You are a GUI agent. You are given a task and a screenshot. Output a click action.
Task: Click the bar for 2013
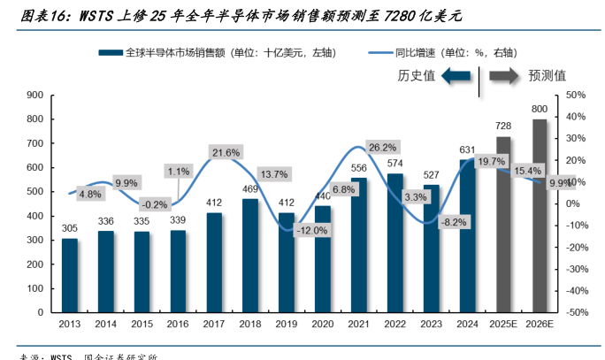[69, 275]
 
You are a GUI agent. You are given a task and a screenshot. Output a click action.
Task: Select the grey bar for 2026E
[539, 216]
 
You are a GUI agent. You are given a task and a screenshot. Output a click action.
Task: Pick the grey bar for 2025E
[503, 225]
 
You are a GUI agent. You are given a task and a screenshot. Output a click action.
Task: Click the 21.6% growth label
[226, 153]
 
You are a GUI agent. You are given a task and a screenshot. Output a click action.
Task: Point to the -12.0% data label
[310, 230]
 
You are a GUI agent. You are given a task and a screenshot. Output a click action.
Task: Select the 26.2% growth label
[382, 147]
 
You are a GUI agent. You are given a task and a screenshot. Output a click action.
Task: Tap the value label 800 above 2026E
[539, 109]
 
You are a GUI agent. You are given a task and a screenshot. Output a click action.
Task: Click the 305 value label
[69, 228]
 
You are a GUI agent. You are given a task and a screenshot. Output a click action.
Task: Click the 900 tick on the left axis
[35, 95]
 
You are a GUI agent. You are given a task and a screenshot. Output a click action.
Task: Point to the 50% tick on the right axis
[575, 95]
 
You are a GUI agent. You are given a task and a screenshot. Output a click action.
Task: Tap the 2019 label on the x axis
[286, 326]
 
